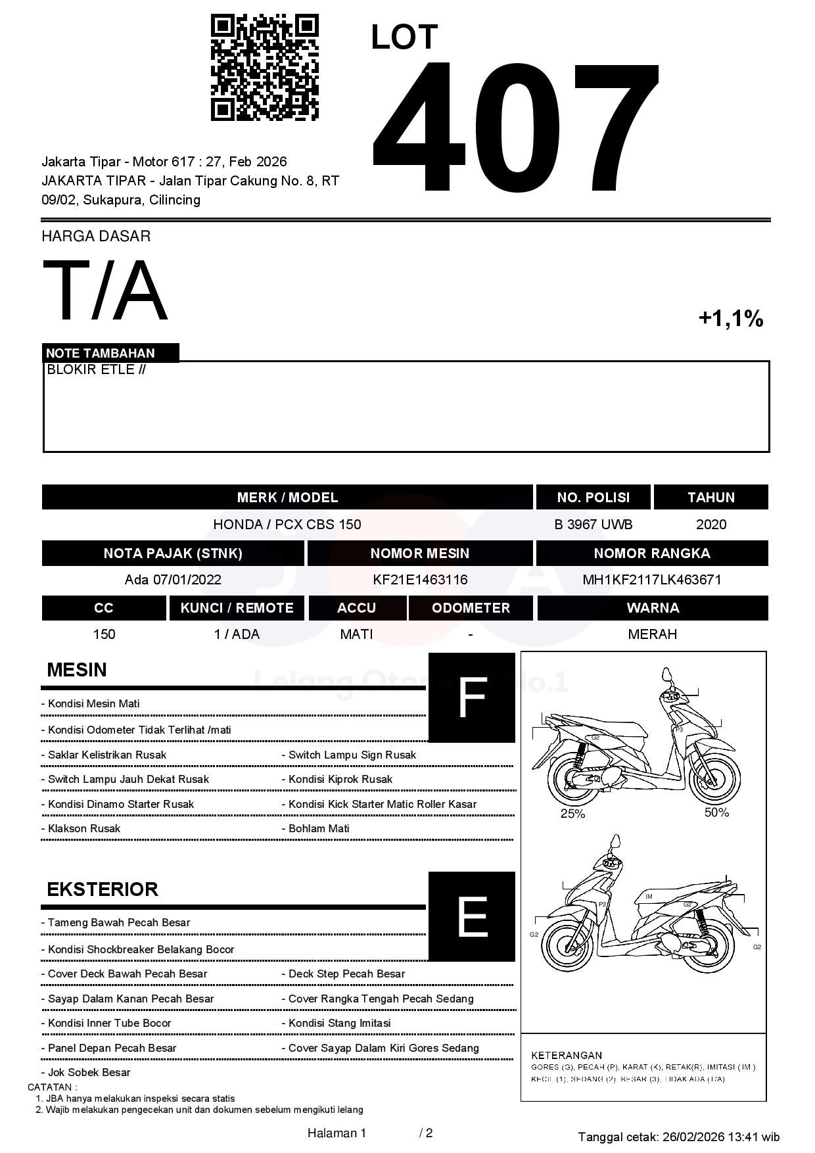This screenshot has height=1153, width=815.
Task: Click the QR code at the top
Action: coord(264,68)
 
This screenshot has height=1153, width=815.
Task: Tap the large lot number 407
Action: coord(515,128)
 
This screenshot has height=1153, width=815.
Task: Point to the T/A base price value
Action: coord(105,291)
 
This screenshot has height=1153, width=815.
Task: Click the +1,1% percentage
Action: coord(730,319)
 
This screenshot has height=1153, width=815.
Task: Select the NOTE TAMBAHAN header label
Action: coord(101,353)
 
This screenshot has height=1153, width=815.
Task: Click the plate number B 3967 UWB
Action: coord(593,525)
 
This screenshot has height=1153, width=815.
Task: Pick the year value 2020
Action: coord(710,525)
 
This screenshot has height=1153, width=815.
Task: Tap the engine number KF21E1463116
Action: coord(420,580)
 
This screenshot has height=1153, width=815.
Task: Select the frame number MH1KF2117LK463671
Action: coord(651,580)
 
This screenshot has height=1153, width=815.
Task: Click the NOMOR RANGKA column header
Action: coord(651,553)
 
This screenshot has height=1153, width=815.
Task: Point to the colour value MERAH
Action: coord(652,634)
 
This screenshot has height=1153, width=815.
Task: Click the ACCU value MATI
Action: coord(356,634)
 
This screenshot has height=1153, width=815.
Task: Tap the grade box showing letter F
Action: coord(471,698)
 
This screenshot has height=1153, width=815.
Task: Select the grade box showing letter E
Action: coord(471,916)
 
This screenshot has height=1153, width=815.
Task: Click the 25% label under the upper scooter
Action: coord(572,814)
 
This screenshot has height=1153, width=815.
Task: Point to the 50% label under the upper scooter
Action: coord(716,812)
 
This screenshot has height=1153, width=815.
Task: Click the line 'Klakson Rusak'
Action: coord(83,829)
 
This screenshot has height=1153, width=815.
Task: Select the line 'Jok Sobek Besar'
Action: coord(89,1072)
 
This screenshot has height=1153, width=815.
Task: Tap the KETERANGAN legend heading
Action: coord(567,1055)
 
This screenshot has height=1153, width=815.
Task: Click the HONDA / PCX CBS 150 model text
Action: coord(287,525)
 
